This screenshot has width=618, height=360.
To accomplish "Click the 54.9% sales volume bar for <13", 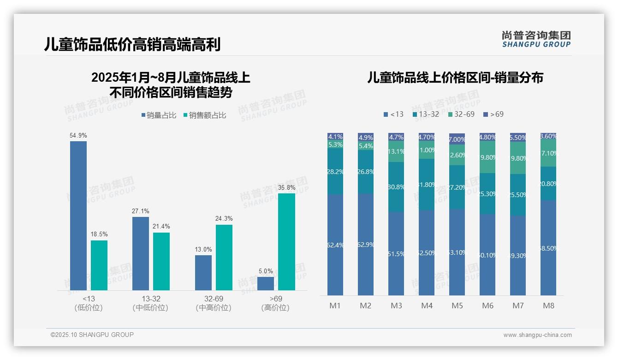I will (x=78, y=216).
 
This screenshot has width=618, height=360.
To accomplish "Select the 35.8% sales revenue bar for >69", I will (x=286, y=241).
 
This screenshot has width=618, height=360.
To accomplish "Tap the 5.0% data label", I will (x=266, y=271).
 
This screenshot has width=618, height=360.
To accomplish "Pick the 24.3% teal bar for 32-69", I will (x=224, y=257).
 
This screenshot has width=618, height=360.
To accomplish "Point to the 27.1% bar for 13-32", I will (x=141, y=253).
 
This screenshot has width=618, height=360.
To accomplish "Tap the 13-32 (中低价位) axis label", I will (x=150, y=303).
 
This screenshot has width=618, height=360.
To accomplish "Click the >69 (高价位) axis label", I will (x=275, y=303).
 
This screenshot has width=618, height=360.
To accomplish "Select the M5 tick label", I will (x=457, y=306).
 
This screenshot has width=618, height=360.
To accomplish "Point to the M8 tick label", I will (x=548, y=306).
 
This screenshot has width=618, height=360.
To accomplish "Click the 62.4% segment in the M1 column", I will (x=335, y=245).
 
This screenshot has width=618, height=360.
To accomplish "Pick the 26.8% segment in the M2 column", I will (x=366, y=172).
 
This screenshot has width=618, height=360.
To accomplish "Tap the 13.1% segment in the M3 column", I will (x=396, y=151).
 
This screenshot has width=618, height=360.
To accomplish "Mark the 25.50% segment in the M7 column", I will (x=518, y=195).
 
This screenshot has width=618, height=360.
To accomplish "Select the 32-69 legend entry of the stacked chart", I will (x=461, y=114).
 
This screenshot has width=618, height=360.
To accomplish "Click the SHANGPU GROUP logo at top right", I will (x=536, y=39).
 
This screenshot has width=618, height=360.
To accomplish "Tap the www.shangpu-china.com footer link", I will (x=537, y=335).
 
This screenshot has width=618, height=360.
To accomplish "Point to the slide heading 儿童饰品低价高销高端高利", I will (x=132, y=44).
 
